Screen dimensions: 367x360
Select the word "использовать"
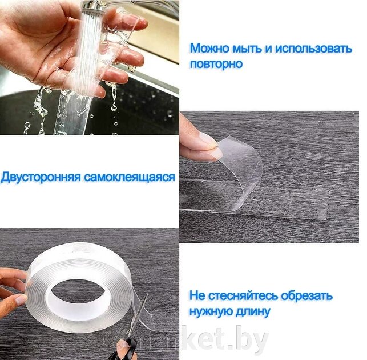point(314,48)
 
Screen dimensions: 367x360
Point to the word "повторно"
point(216,64)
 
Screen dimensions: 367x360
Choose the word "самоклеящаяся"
point(130,177)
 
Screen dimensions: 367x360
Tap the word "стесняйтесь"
point(243,295)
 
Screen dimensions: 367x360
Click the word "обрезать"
point(306,295)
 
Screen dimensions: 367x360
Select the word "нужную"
point(211,311)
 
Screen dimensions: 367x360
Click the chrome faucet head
point(91,6)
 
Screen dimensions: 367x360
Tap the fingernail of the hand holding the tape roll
point(21,300)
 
